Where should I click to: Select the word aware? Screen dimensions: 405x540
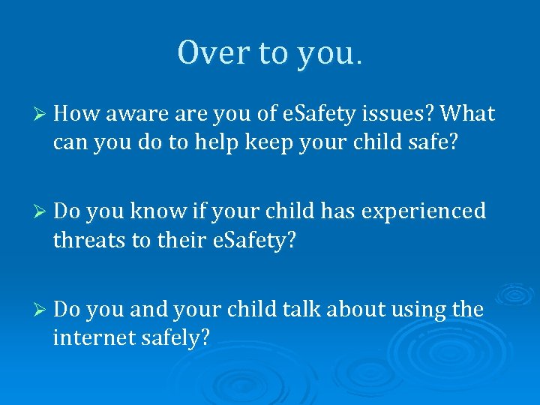[x=131, y=114]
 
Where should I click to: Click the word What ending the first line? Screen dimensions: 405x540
[x=468, y=114]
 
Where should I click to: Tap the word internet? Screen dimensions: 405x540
[x=93, y=337]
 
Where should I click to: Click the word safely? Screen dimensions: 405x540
[x=175, y=337]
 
